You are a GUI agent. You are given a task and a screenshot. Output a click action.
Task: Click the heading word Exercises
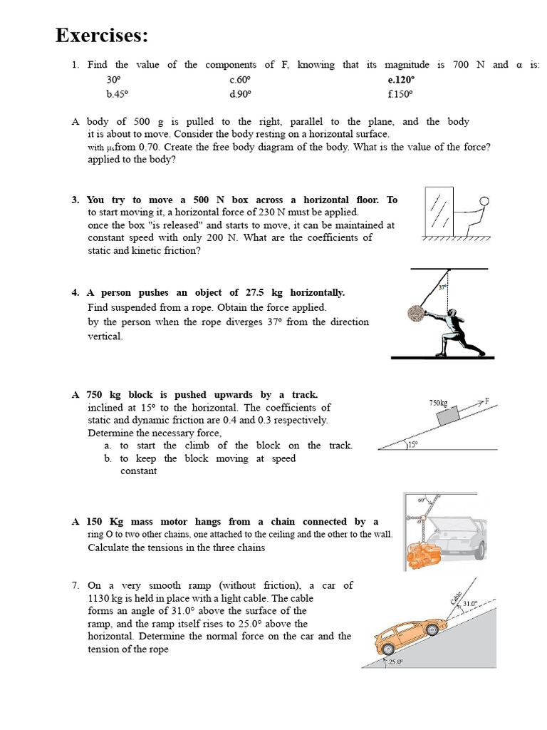[x=103, y=35]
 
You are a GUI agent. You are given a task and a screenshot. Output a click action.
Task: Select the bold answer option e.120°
[x=401, y=81]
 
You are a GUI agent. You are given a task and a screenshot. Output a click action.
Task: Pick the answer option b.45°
[x=118, y=93]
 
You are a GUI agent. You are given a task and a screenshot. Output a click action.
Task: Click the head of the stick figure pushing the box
[x=485, y=202]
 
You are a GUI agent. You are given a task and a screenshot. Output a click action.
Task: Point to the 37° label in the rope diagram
[x=442, y=287]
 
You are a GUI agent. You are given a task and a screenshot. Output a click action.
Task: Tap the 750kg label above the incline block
[x=438, y=403]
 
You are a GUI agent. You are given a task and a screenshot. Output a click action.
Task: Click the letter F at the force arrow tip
[x=487, y=399]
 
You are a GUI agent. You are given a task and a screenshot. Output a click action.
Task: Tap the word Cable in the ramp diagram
[x=456, y=597]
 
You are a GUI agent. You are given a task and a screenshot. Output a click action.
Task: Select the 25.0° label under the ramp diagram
[x=395, y=662]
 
